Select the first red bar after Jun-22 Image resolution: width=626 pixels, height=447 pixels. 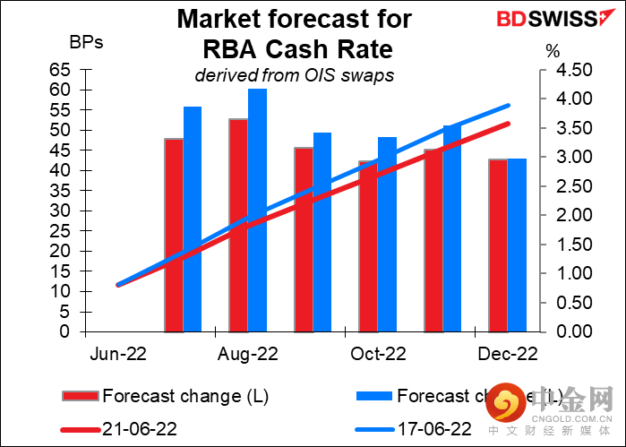[173, 235]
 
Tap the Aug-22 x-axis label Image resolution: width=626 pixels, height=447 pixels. [248, 354]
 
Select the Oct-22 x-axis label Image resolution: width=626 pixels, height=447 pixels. [378, 354]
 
